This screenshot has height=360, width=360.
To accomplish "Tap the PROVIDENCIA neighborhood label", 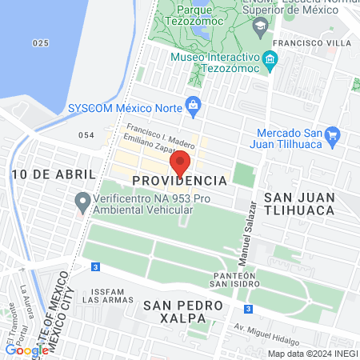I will click(x=180, y=182).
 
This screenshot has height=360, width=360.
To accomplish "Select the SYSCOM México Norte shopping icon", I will click(x=193, y=104).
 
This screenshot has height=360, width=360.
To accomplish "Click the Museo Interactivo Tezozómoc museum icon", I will click(x=270, y=59).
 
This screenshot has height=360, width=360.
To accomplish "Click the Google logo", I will click(x=26, y=350).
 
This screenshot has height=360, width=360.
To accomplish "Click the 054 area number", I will click(x=86, y=135).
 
